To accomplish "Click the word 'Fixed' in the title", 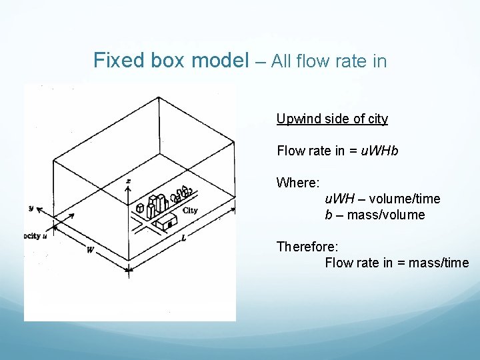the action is pos(117,61).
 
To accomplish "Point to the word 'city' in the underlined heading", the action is pos(376,119).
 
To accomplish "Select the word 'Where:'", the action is pos(298,183).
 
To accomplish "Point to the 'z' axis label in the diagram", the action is pos(128,180).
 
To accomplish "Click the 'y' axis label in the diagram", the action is pos(31,208).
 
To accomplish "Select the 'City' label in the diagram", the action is pos(189,211).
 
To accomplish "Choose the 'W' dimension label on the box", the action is pos(89,251).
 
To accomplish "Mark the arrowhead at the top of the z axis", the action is pos(128,187).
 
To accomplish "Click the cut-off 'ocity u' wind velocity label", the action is pos(35,236).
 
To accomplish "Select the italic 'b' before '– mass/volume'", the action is pos(328,215).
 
